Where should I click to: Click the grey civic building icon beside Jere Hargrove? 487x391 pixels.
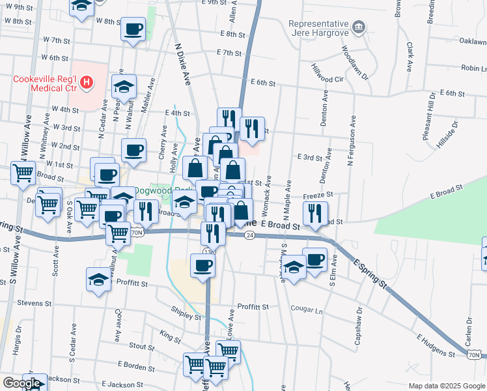coord(358,27)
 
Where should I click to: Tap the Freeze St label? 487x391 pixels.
coord(318,195)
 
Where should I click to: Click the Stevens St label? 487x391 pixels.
coord(34,303)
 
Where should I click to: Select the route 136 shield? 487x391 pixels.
coord(208,252)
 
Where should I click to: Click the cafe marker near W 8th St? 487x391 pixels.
coord(133,30)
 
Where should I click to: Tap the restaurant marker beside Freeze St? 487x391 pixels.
coord(314,213)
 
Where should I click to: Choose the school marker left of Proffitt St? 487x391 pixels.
coord(99,280)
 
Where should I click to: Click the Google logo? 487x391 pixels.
coord(21,384)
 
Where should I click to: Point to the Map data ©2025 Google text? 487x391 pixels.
coord(447,386)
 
